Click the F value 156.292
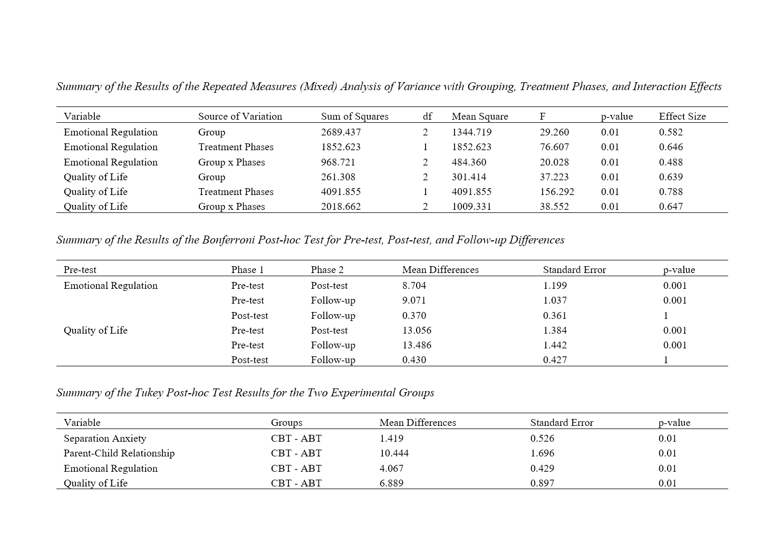tap(557, 192)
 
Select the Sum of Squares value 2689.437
tap(341, 132)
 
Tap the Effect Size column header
tap(682, 116)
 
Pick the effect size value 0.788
tap(670, 192)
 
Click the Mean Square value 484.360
tap(469, 162)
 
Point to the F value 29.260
tap(554, 132)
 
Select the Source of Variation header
tap(240, 116)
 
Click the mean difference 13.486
tap(417, 345)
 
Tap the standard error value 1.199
tap(555, 286)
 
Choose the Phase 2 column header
tap(327, 270)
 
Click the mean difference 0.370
tap(414, 316)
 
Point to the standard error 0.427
tap(555, 360)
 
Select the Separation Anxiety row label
tap(105, 439)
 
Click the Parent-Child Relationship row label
tap(119, 453)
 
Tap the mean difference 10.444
tap(394, 453)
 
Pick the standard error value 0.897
tap(542, 483)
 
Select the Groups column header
tap(286, 423)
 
